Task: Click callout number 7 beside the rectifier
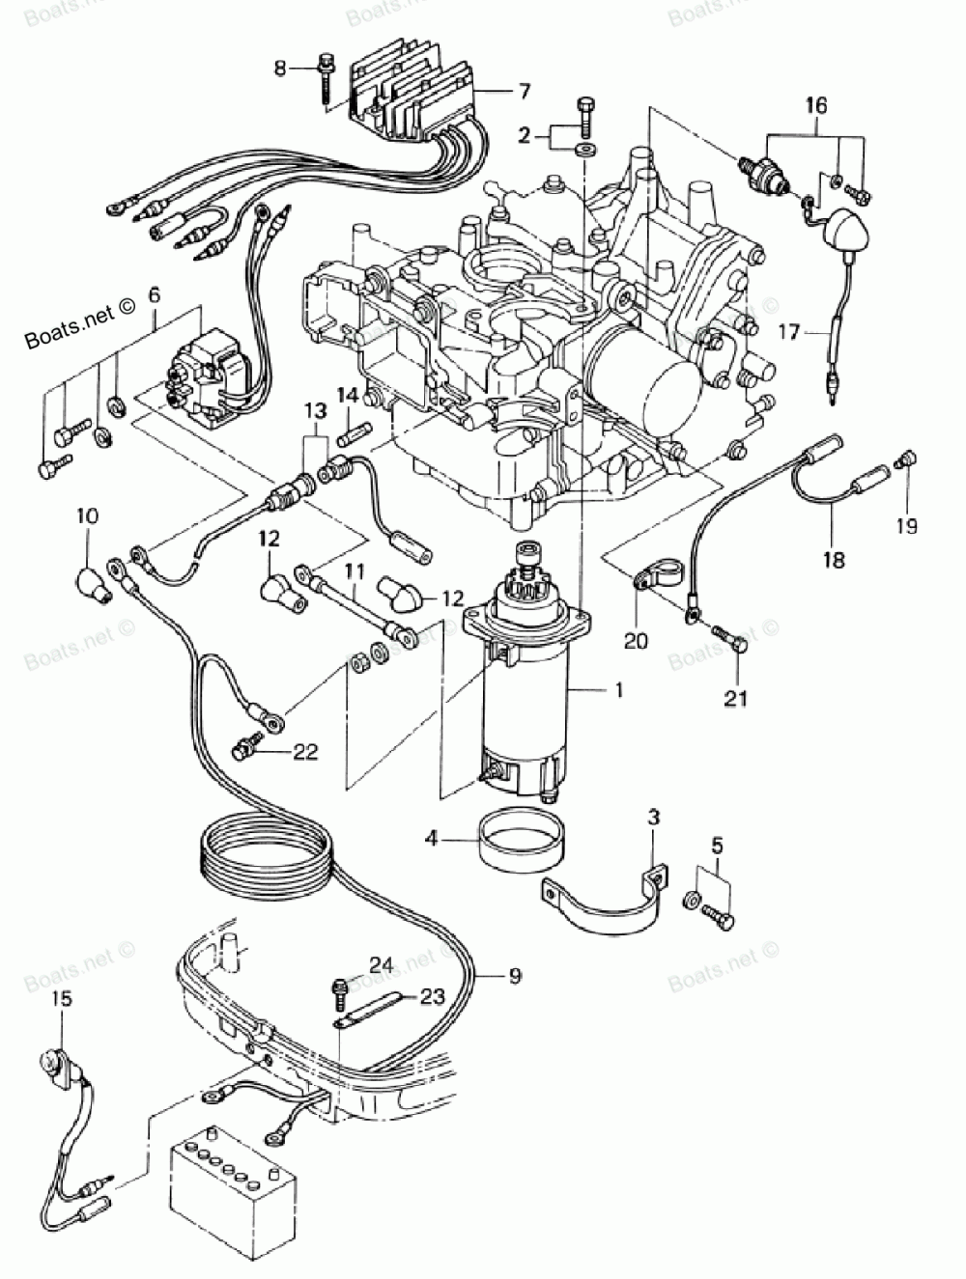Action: (523, 92)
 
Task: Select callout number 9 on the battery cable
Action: (514, 976)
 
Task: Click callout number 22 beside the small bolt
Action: (305, 753)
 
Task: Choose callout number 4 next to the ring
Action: (432, 840)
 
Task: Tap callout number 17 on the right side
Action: (789, 334)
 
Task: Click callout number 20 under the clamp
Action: (635, 640)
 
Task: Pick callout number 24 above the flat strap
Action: (381, 963)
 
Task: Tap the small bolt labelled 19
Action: (906, 461)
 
